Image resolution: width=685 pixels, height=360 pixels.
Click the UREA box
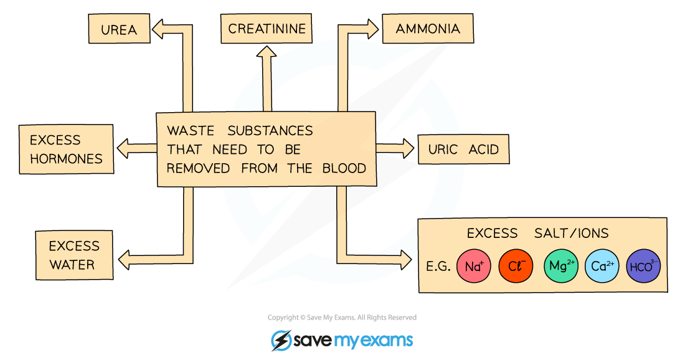(x=120, y=29)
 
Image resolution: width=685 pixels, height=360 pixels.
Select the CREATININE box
(x=267, y=29)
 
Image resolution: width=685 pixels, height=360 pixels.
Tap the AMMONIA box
(x=428, y=29)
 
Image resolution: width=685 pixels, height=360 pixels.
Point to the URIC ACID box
(x=463, y=149)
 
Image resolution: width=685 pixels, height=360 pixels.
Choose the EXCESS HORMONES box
(x=67, y=149)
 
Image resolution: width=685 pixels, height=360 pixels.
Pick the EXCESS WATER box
(x=74, y=255)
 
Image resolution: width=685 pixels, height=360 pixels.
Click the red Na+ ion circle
(x=474, y=266)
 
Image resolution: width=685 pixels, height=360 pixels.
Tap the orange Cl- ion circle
(x=516, y=266)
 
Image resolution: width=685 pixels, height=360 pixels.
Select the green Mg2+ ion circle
(x=561, y=266)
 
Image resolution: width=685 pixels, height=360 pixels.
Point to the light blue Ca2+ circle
(x=602, y=266)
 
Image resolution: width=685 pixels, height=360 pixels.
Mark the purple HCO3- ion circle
(x=643, y=266)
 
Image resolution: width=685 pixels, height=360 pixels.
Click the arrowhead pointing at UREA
(x=158, y=29)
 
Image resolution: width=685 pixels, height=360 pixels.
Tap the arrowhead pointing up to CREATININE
(x=266, y=52)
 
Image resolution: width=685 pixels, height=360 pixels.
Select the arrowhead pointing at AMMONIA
(x=372, y=29)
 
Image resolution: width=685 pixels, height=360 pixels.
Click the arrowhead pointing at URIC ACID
(x=408, y=148)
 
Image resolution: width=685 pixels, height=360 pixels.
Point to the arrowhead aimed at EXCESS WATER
(x=124, y=260)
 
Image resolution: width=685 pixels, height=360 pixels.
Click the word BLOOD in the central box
(x=344, y=169)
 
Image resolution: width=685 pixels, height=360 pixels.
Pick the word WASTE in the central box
(x=191, y=131)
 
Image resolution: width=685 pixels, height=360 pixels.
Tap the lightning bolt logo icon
(x=281, y=340)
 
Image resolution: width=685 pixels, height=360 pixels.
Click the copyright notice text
(x=342, y=318)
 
